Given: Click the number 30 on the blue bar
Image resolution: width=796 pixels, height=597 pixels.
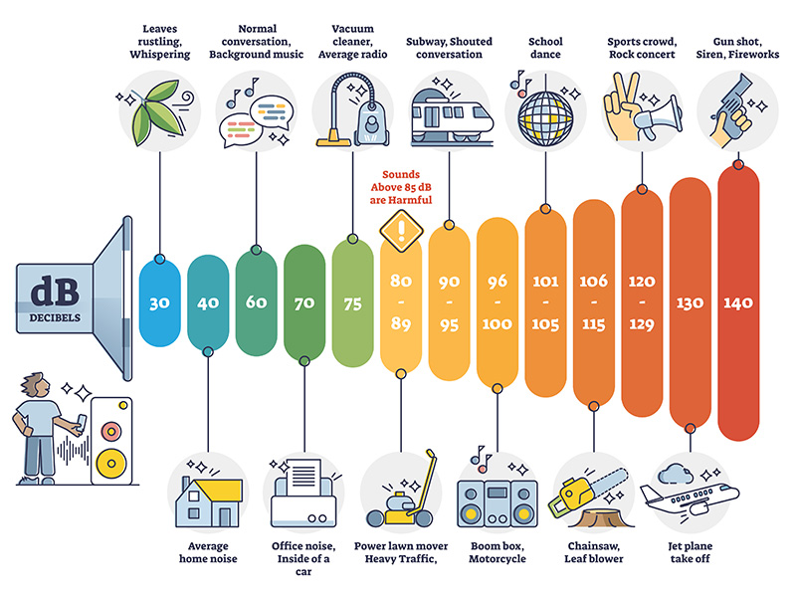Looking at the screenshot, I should [x=159, y=301].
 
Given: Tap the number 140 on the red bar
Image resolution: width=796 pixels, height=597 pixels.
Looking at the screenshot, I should [x=738, y=301].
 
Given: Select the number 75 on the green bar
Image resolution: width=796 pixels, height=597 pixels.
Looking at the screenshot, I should [x=352, y=301].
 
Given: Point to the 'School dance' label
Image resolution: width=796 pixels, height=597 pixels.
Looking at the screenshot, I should [x=545, y=48].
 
